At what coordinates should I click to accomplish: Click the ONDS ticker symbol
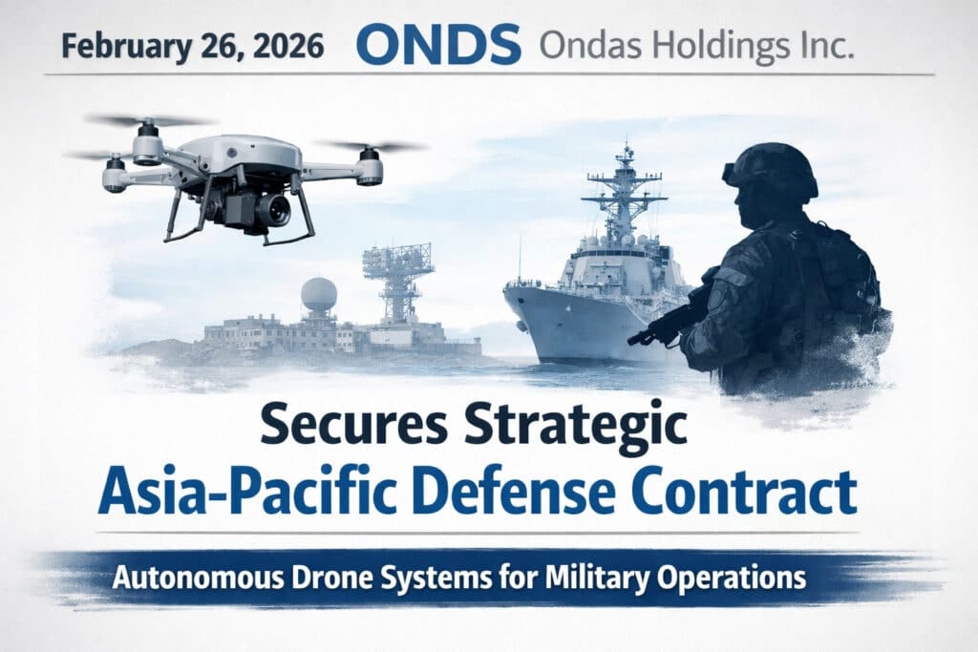438,46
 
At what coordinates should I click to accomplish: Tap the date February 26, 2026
193,48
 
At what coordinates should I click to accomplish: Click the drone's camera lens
274,211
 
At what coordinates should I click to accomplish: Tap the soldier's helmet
772,170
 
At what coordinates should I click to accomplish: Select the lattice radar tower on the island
398,281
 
